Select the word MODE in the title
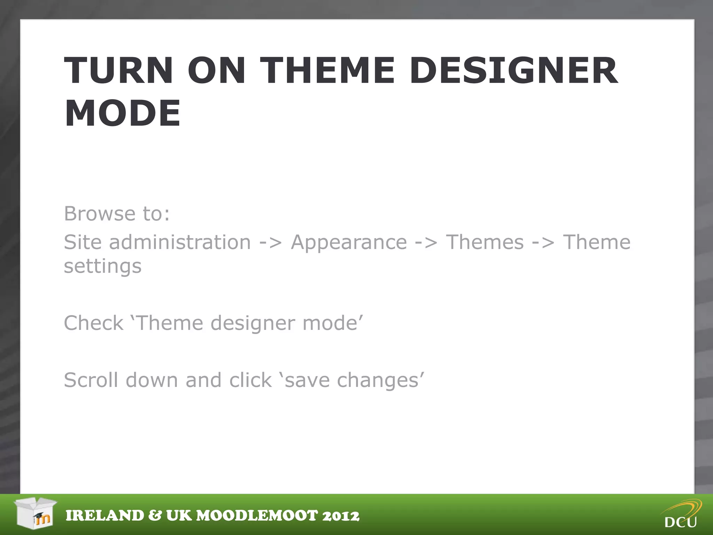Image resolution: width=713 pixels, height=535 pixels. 123,113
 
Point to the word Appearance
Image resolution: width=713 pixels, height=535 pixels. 349,242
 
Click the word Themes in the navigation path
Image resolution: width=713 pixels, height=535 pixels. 485,242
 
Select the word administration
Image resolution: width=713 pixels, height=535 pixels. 180,242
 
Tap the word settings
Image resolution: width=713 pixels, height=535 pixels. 103,267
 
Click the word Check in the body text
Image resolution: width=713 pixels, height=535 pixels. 94,323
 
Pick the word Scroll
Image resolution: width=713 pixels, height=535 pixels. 91,380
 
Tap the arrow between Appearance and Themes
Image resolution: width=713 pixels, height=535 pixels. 426,243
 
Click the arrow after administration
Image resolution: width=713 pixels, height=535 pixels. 271,243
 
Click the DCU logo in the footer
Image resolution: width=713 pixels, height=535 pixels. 681,515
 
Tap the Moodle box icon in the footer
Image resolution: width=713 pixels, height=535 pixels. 36,513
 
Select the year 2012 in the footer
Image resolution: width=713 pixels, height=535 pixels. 340,516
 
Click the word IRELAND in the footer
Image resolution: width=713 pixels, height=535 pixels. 105,516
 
